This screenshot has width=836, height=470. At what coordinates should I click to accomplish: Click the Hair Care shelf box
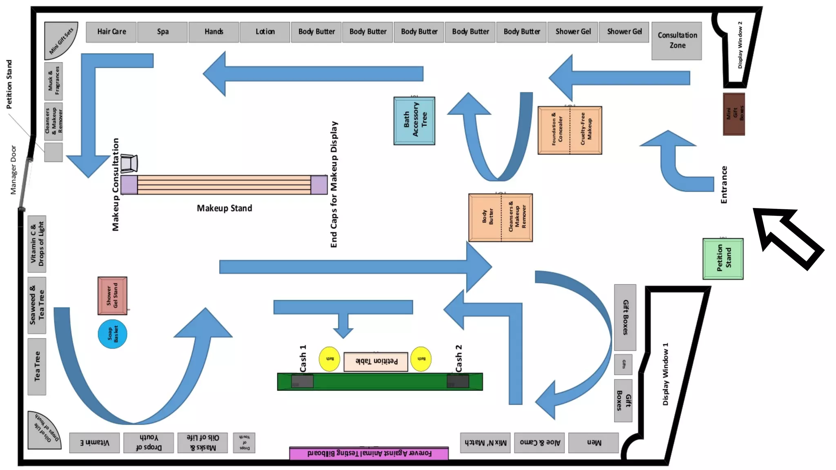coord(111,32)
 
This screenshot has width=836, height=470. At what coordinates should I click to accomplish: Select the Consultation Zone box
coord(676,41)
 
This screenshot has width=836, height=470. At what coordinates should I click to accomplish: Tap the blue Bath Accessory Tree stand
coord(414,121)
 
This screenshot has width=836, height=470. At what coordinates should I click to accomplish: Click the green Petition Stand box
coord(723,259)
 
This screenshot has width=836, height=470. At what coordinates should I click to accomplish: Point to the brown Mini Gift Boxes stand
coord(734,114)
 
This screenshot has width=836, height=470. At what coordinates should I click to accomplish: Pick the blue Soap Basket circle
coord(112,334)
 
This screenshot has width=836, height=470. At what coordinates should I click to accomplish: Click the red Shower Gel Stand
coord(112,296)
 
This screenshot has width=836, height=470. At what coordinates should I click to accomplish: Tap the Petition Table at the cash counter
coord(376,361)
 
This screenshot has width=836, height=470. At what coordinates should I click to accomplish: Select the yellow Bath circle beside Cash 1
coord(329,359)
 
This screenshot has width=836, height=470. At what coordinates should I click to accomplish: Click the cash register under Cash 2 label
coord(458,381)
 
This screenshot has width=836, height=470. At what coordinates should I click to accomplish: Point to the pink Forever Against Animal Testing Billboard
coord(369,453)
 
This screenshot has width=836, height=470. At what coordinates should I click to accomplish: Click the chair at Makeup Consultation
coord(129,163)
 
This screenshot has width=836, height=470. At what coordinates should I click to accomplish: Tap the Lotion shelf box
coord(265,32)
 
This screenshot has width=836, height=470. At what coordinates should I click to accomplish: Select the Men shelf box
coord(593,443)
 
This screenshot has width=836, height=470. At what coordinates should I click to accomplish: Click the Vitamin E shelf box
coord(94,443)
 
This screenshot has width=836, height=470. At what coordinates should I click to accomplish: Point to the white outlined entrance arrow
coord(786,237)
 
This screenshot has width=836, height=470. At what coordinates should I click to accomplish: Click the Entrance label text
coord(724,184)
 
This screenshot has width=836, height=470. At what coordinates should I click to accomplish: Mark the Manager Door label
coord(13,170)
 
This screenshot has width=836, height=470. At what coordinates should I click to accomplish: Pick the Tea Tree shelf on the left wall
coord(37,366)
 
